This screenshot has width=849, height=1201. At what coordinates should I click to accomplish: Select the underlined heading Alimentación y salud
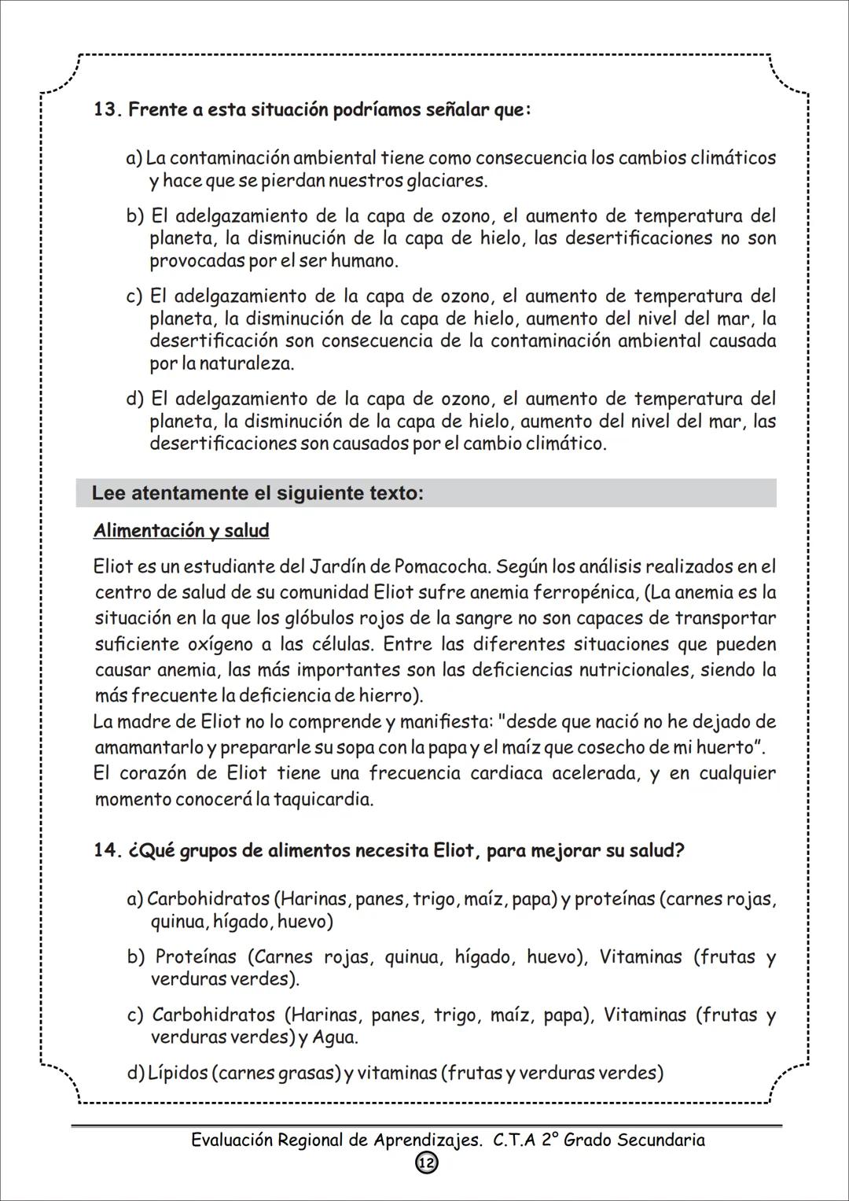[x=181, y=531]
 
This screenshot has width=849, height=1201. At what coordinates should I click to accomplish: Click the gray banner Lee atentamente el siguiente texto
[x=425, y=494]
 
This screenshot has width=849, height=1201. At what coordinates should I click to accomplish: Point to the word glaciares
[x=446, y=181]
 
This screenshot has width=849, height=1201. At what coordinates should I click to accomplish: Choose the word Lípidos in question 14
[x=178, y=1073]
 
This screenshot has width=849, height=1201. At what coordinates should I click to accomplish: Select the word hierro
[x=387, y=696]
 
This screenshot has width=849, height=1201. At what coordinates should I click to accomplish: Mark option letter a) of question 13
[x=134, y=159]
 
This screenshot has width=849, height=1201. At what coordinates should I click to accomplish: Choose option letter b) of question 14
[x=136, y=957]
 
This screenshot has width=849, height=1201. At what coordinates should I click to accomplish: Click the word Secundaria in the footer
[x=661, y=1140]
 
